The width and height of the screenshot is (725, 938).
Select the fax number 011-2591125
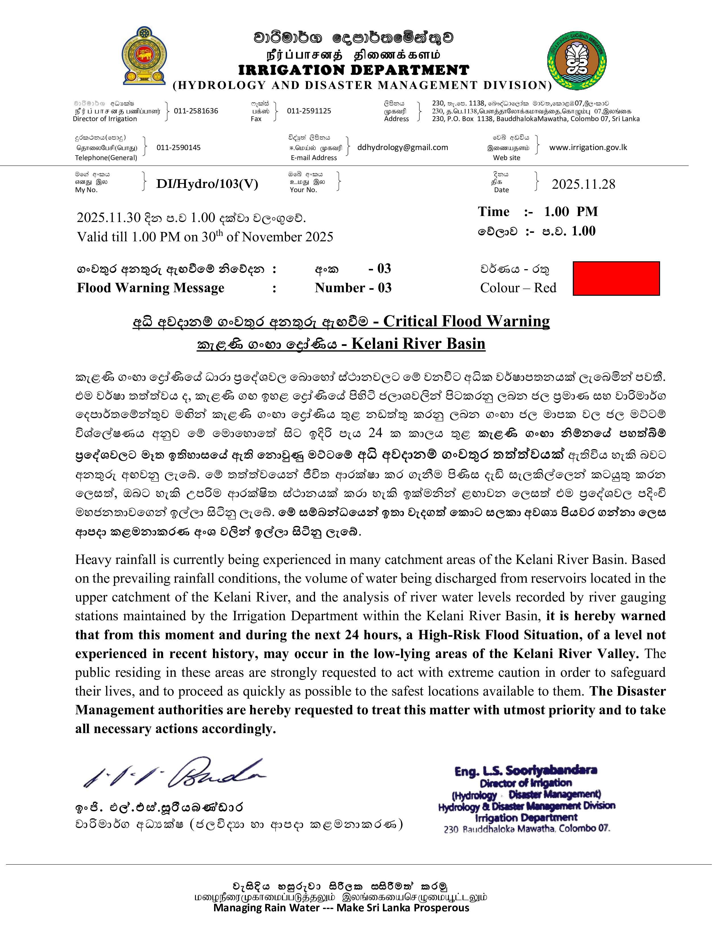pyautogui.click(x=309, y=111)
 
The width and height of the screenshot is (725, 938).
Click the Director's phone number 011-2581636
pyautogui.click(x=196, y=111)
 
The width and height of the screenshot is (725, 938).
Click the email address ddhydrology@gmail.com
pyautogui.click(x=402, y=147)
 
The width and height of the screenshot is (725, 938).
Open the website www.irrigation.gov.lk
pyautogui.click(x=588, y=147)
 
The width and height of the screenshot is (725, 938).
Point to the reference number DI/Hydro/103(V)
pyautogui.click(x=207, y=184)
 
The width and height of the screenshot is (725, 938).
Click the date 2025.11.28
pyautogui.click(x=583, y=184)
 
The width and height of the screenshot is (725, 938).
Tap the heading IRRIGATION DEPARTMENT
pyautogui.click(x=353, y=70)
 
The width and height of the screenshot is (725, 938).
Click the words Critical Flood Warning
pyautogui.click(x=466, y=321)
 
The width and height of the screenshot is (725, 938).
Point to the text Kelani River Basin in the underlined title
pyautogui.click(x=418, y=344)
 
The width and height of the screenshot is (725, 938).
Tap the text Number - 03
pyautogui.click(x=353, y=288)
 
